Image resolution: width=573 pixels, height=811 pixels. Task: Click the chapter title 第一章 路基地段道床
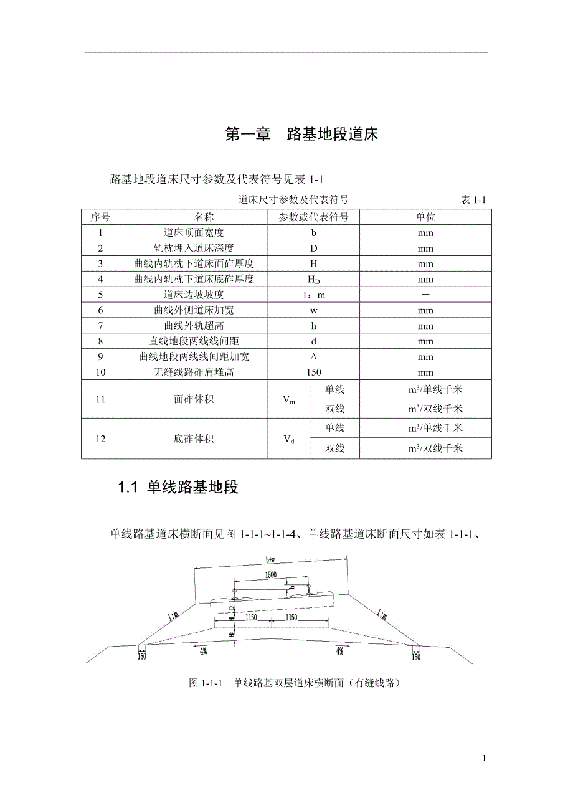pos(301,134)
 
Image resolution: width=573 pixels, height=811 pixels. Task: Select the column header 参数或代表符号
pos(314,217)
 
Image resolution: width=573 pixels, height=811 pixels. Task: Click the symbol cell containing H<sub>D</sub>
pos(314,280)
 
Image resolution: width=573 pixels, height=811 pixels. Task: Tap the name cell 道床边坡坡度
pos(194,295)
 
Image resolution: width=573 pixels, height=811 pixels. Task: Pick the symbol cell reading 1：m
pos(314,295)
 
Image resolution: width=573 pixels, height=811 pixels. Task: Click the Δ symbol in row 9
pos(314,357)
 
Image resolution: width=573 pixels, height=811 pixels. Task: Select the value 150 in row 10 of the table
pos(314,372)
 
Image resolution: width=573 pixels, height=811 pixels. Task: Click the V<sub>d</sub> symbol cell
pos(289,439)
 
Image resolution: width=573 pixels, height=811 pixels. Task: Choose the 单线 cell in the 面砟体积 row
pos(334,390)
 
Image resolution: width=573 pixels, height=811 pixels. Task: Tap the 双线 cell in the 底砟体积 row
pos(334,448)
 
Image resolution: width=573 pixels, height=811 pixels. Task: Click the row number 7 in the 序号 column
pos(100,326)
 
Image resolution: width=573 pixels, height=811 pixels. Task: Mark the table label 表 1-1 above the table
pos(473,200)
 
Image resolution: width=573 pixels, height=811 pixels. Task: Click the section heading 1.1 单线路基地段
pos(179,488)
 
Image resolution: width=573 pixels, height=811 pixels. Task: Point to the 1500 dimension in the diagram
pos(270,574)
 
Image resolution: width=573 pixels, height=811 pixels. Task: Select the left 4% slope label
pos(203,651)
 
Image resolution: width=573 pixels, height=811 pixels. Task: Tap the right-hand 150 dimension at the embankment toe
pos(416,657)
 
